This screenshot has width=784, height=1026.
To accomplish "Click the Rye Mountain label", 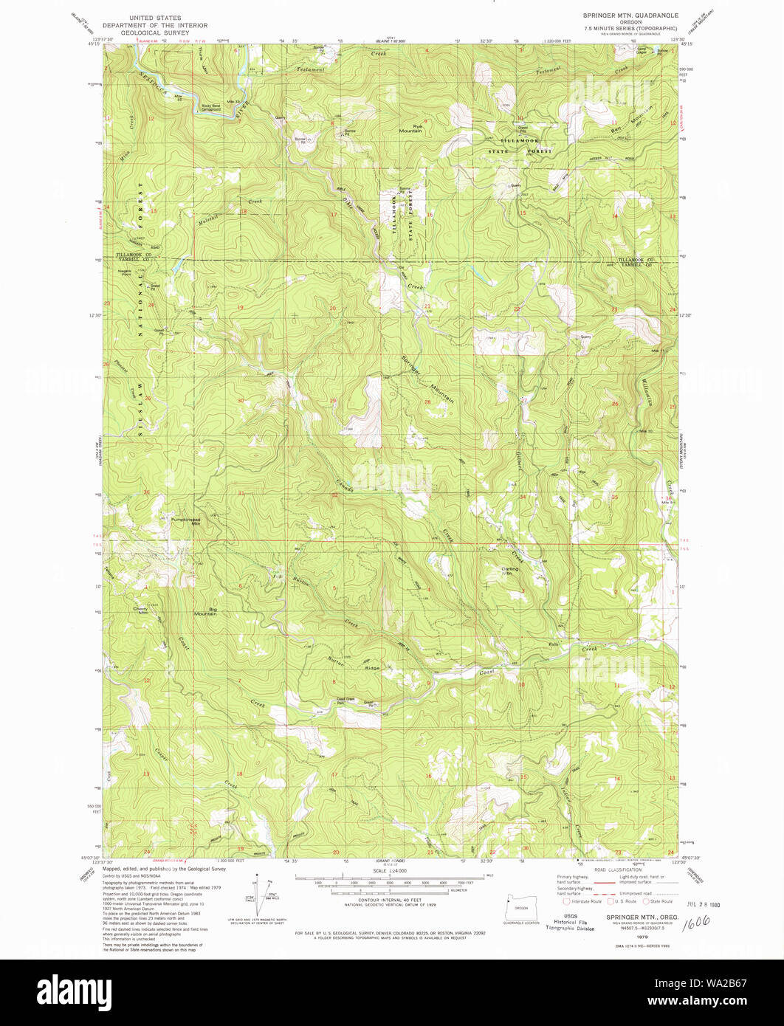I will click(410, 128).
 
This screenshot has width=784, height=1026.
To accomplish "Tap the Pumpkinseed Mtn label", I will click(186, 521).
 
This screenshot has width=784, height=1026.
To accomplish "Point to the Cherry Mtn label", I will click(141, 610).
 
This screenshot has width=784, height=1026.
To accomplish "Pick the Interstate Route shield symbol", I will click(566, 901).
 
